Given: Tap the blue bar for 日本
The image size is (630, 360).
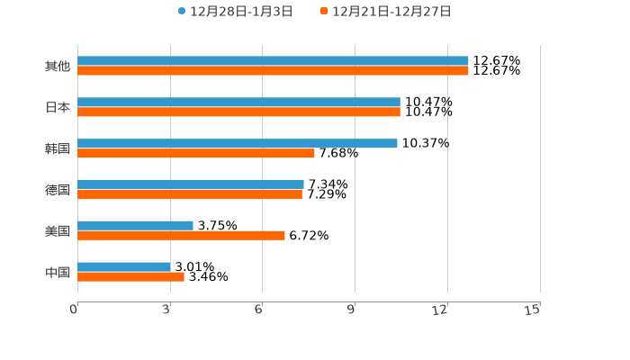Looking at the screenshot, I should [238, 103].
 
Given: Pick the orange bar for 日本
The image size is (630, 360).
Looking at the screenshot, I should [238, 112].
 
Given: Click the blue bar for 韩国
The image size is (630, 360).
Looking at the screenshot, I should [238, 143].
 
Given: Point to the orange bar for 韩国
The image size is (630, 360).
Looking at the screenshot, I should [196, 153].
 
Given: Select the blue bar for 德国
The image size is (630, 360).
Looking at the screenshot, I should [191, 184].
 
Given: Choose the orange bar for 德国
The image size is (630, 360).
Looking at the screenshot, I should [190, 193].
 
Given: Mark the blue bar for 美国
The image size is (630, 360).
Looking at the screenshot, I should [135, 225].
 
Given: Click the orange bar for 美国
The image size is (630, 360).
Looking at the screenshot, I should [181, 235].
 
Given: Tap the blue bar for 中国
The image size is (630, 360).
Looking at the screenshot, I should [123, 266].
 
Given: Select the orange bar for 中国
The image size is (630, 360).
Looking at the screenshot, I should [130, 276].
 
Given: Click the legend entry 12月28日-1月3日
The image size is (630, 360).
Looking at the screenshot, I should [235, 12].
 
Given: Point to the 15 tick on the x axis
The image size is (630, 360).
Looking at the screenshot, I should [533, 310].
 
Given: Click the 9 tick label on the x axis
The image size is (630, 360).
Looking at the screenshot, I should [352, 310].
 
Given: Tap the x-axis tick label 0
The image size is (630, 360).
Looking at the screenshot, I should [74, 310].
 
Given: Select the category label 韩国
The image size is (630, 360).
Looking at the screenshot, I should [57, 148].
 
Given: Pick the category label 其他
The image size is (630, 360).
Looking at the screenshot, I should [57, 66].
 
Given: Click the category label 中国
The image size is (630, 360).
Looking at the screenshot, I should [57, 272].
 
